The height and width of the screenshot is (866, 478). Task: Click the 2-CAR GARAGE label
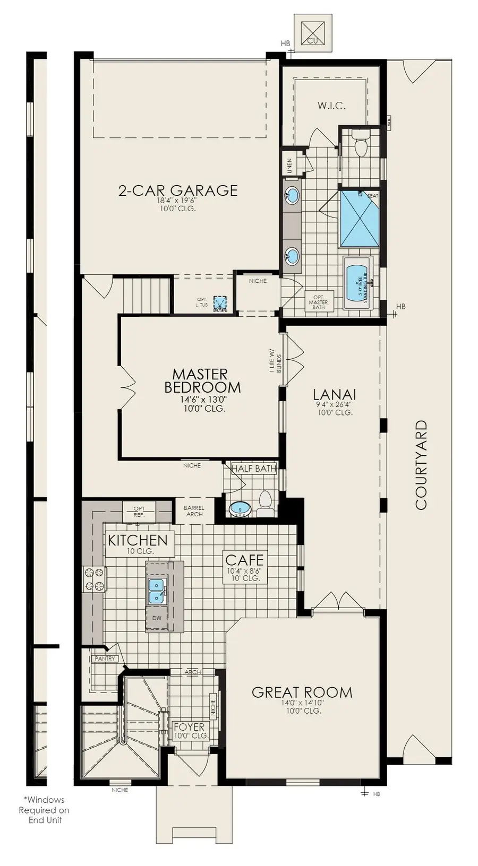tap(177, 190)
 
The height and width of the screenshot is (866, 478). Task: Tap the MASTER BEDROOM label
tap(202, 381)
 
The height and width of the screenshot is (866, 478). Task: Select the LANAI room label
tap(334, 395)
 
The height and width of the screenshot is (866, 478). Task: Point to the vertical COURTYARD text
tap(421, 465)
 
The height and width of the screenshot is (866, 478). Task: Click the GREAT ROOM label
tap(302, 692)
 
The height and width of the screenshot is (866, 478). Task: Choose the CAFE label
tap(244, 559)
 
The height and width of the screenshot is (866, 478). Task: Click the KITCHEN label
tap(138, 540)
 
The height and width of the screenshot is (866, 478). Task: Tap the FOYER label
tap(189, 727)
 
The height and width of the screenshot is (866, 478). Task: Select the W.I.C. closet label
tap(331, 106)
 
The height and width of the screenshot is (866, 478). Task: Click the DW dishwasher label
tap(156, 618)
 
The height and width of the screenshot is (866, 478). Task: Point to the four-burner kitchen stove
tap(94, 579)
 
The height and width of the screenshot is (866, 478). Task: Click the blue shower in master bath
tap(359, 218)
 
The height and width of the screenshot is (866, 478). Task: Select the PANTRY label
tap(105, 659)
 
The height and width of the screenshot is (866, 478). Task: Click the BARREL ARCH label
tap(194, 511)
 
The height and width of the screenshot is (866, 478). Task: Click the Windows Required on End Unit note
tap(45, 809)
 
